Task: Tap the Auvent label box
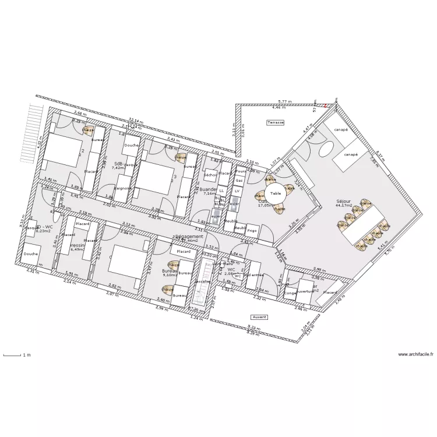point(259,318)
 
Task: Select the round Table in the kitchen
point(276,193)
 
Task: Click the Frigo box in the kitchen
point(252,231)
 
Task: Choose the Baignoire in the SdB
point(122,188)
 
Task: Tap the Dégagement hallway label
point(189,238)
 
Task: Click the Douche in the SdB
point(131,146)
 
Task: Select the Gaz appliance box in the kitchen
point(239,181)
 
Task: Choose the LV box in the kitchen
point(237,191)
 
